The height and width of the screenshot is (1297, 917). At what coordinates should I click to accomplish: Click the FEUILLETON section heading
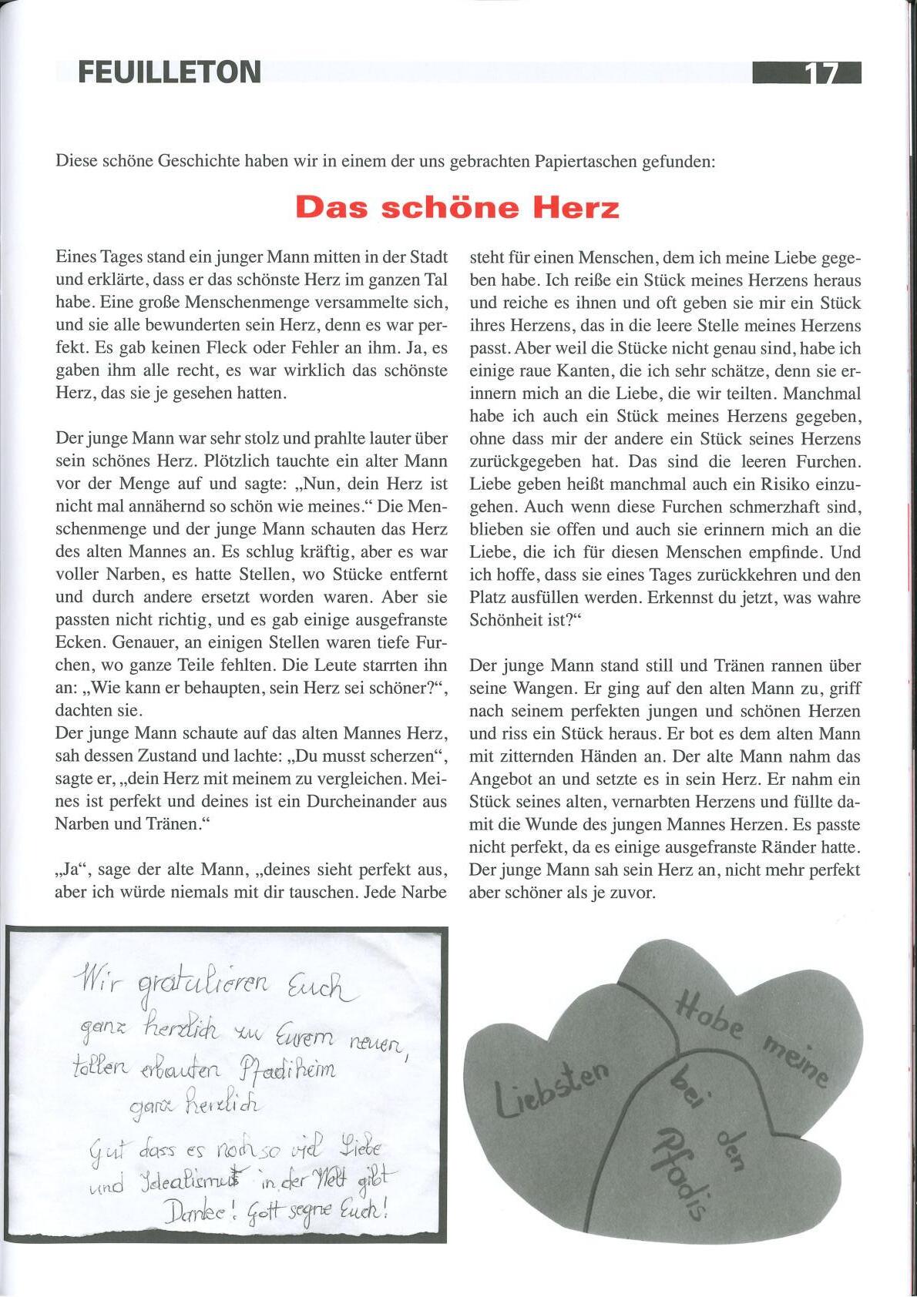(170, 72)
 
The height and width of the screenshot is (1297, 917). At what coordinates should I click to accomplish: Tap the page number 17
(821, 73)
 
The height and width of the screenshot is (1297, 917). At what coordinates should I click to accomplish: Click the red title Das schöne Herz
(457, 207)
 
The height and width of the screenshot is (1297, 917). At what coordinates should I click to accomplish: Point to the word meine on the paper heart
(795, 1061)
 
